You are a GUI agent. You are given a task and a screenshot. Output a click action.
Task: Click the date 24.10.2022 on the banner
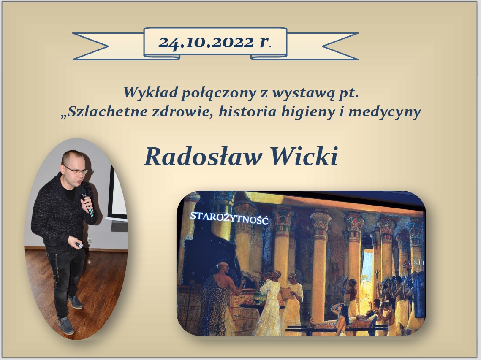pos(206,42)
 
